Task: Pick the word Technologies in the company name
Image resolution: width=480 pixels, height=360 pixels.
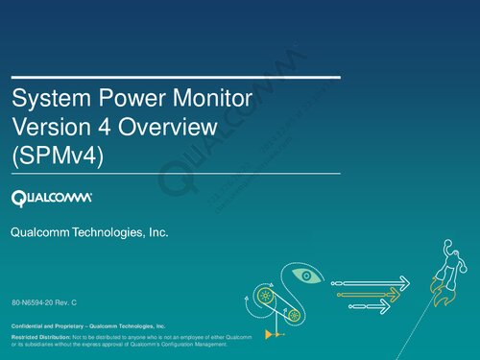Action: point(108,233)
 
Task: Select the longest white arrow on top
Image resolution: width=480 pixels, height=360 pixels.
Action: point(374,282)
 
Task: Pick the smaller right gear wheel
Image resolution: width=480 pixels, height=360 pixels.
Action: point(295,314)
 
